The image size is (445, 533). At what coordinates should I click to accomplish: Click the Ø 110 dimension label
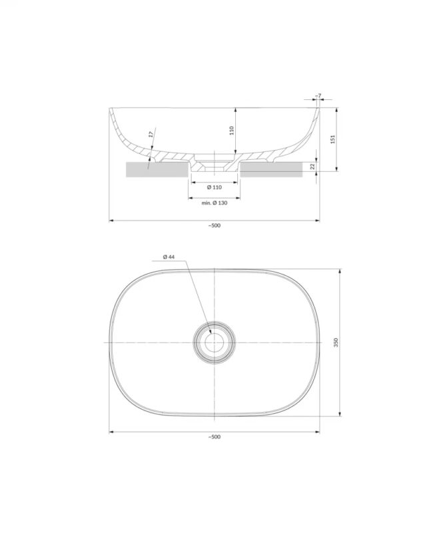coord(214,187)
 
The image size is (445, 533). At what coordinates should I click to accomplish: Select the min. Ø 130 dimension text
coord(214,203)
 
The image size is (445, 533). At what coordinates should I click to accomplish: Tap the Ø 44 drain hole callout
coord(169,257)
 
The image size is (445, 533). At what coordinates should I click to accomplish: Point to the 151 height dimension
coord(333,139)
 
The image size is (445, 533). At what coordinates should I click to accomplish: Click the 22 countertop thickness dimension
coord(312,166)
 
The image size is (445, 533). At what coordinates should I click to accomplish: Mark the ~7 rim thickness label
coord(318,96)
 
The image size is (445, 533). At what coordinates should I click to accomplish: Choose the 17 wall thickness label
coord(151,135)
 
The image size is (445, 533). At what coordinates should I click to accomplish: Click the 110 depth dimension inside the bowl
coord(232,130)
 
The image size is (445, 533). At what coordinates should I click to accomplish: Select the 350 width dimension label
coord(336,342)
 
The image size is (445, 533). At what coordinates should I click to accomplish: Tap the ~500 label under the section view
coord(214,225)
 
